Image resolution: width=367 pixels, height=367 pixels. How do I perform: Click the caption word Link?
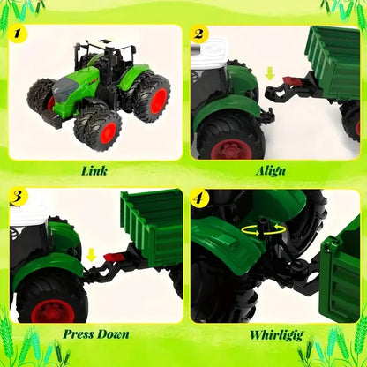(93, 170)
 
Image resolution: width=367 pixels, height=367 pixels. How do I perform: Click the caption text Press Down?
(95, 334)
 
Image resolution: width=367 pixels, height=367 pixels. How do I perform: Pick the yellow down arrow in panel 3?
(90, 256)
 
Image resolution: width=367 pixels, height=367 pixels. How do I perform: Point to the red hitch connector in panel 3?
(111, 257)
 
